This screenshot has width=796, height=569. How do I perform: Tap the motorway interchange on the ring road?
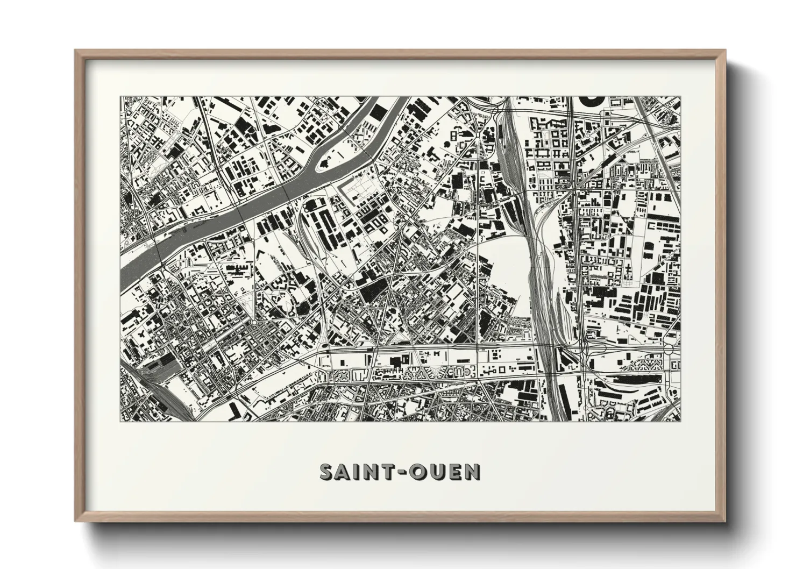(584, 350)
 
